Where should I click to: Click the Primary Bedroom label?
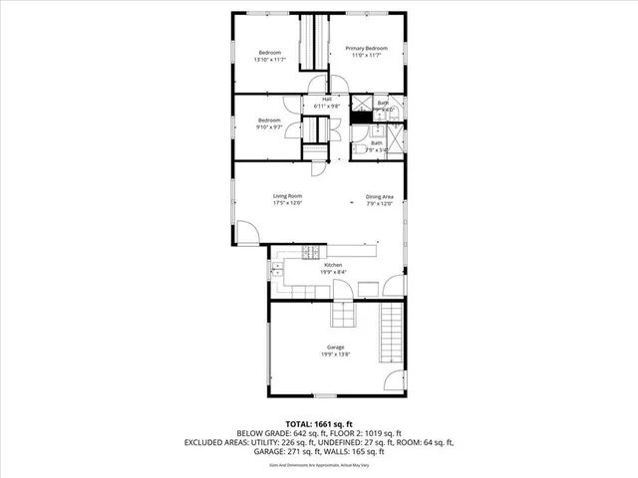pos(366,48)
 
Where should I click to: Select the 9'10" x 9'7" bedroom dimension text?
pos(270,127)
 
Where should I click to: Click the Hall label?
pos(327,99)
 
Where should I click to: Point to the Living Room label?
pos(288,195)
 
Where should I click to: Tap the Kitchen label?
pos(333,264)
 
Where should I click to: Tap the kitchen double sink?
pos(275,269)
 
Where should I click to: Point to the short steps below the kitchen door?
pos(343,314)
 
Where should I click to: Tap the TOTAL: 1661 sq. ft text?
pos(319,425)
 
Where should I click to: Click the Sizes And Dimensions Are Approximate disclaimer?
pos(319,465)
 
